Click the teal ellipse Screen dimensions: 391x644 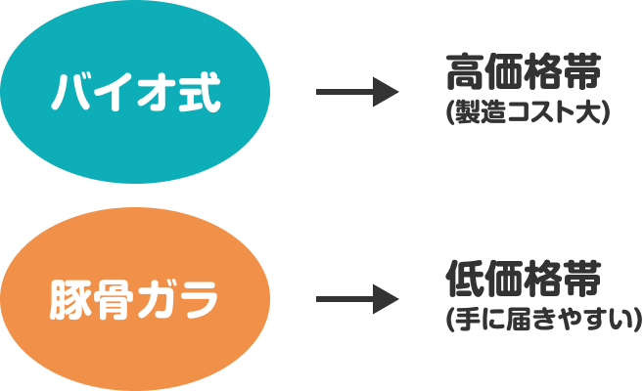136,93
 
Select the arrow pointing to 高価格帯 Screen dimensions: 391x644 357,93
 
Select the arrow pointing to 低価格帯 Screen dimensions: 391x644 357,299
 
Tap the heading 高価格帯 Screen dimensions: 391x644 521,74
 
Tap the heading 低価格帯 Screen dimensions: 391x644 521,280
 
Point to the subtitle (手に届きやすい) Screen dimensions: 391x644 541,319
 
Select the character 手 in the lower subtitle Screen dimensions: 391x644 465,319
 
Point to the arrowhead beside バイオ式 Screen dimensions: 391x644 389,93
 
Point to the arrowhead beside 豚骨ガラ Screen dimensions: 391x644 389,299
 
